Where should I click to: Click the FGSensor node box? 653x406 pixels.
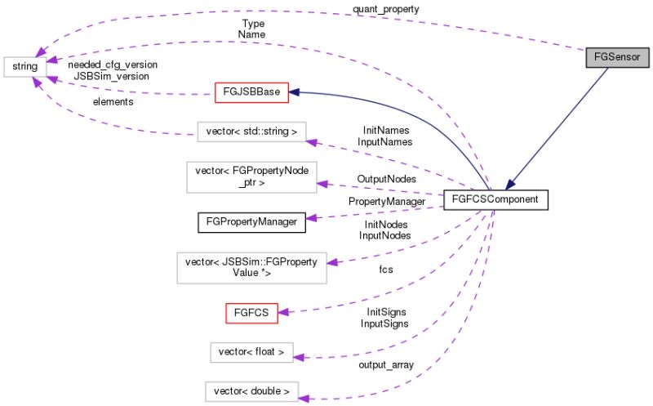(617, 58)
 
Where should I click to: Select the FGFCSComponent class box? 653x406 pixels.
(494, 199)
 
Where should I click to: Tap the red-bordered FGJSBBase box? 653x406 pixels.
(251, 92)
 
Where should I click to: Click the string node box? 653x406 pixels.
(24, 64)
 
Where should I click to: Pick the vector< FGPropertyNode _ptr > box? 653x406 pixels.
(251, 177)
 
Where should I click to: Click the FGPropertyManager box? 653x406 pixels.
(251, 220)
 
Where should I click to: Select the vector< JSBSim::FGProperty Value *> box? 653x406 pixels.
(251, 267)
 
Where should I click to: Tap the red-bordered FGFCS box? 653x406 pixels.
(251, 311)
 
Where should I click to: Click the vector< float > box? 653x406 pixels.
(251, 352)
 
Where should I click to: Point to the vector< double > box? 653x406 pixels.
(251, 390)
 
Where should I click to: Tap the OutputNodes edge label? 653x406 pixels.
(386, 178)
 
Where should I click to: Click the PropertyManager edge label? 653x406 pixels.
(386, 201)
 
